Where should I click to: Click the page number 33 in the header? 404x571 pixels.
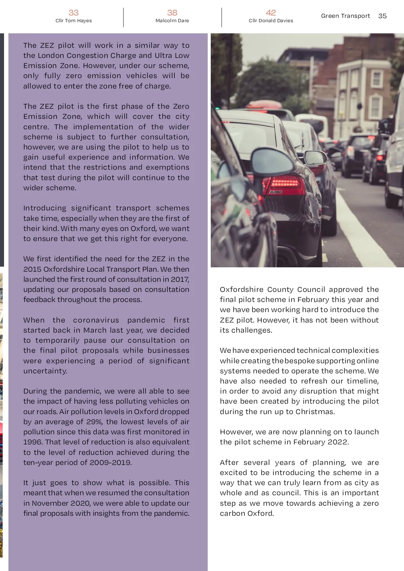click(73, 13)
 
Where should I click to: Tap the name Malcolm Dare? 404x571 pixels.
click(172, 21)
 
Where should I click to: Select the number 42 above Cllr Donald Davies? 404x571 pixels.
click(271, 13)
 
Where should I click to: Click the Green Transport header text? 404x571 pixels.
click(345, 16)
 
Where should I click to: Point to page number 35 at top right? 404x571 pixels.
click(382, 16)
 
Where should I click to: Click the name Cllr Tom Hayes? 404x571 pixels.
click(73, 21)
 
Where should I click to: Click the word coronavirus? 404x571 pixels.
click(96, 320)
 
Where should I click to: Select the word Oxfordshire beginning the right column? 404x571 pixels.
click(241, 289)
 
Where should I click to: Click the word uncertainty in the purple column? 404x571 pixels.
click(45, 371)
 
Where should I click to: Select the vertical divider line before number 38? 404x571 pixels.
click(123, 18)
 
